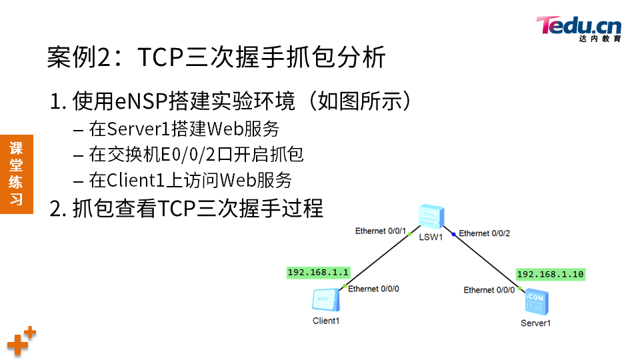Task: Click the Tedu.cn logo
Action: pos(579,29)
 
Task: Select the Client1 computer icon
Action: pos(326,301)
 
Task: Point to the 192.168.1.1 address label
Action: pos(318,273)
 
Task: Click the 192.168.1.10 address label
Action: pos(550,274)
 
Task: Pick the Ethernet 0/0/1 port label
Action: pos(380,231)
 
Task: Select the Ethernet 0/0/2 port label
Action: pos(484,233)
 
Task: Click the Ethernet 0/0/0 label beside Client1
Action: pos(373,289)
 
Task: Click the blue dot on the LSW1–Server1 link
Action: pos(453,235)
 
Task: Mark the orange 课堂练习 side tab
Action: pos(17,173)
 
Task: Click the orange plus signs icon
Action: pos(21,341)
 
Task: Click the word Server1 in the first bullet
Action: pos(137,128)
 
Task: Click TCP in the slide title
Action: pos(160,57)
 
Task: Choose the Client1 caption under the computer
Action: pos(326,321)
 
